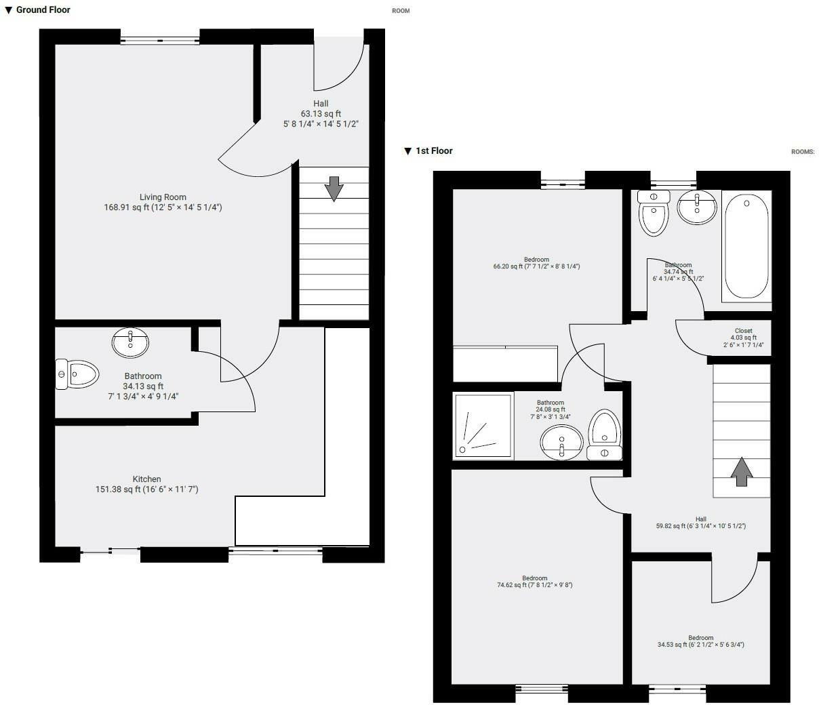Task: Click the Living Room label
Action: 163,197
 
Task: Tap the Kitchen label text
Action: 146,479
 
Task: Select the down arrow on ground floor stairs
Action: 334,188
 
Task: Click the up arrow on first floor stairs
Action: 741,471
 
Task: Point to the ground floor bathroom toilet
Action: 77,374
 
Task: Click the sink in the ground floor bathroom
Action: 130,342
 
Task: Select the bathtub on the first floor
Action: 746,246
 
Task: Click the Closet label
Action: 743,331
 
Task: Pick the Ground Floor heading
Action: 43,9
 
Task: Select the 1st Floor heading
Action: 434,150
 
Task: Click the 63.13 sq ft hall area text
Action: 321,114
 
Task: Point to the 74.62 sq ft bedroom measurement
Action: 534,585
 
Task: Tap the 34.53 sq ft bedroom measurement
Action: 700,645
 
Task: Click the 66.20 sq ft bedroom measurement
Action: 536,267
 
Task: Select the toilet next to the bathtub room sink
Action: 654,213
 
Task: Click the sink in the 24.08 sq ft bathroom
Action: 561,443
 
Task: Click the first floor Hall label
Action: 700,519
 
